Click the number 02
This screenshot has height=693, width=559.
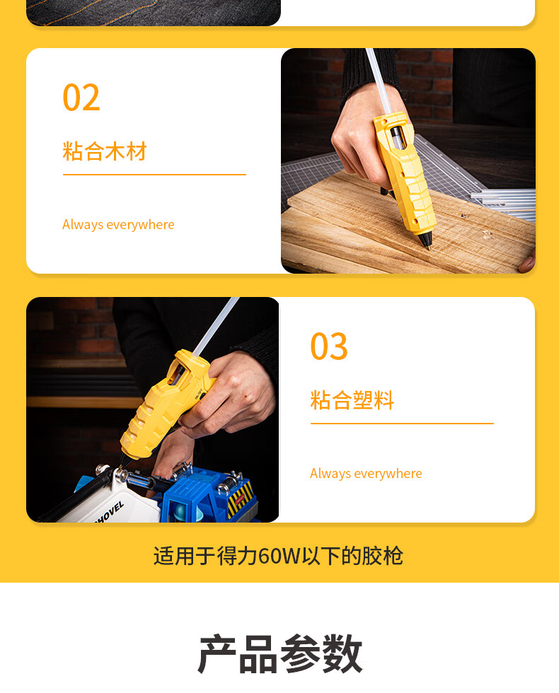pyautogui.click(x=81, y=98)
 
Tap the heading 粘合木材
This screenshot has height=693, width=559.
pyautogui.click(x=105, y=151)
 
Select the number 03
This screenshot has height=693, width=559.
pyautogui.click(x=329, y=346)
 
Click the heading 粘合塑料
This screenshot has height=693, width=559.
pyautogui.click(x=352, y=400)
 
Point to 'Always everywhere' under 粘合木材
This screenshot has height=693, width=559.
pyautogui.click(x=118, y=225)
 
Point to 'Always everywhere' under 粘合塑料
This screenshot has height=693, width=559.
pyautogui.click(x=366, y=473)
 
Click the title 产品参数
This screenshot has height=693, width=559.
pyautogui.click(x=280, y=653)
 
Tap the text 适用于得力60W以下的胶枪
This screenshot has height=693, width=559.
pyautogui.click(x=278, y=556)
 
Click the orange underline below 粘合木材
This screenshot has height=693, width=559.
pyautogui.click(x=154, y=175)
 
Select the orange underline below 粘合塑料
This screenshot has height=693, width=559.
pyautogui.click(x=402, y=424)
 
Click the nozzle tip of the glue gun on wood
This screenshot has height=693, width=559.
pyautogui.click(x=427, y=247)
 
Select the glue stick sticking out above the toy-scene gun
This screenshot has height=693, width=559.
pyautogui.click(x=217, y=326)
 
